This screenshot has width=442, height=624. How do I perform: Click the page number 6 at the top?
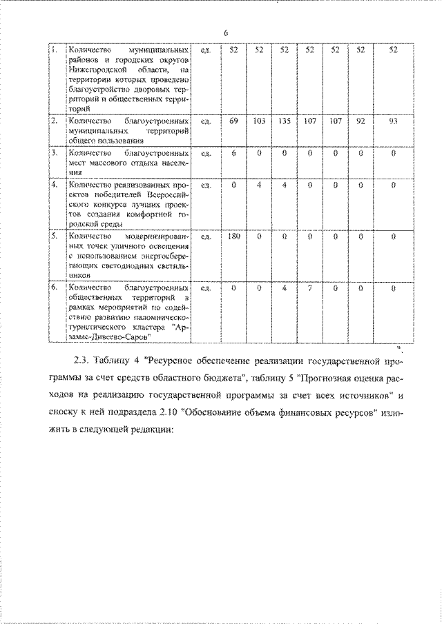coord(226,32)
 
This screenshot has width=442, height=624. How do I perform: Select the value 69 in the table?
coord(233,121)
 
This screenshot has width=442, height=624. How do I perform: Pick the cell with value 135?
coord(284,121)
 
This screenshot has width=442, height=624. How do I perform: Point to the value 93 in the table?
coord(393,121)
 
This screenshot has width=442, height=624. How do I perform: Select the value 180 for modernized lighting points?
coord(233,237)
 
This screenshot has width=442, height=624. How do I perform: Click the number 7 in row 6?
coord(310,288)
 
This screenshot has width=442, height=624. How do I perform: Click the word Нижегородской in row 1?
coord(96,70)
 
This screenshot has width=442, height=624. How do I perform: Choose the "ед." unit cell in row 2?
coord(204,121)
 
